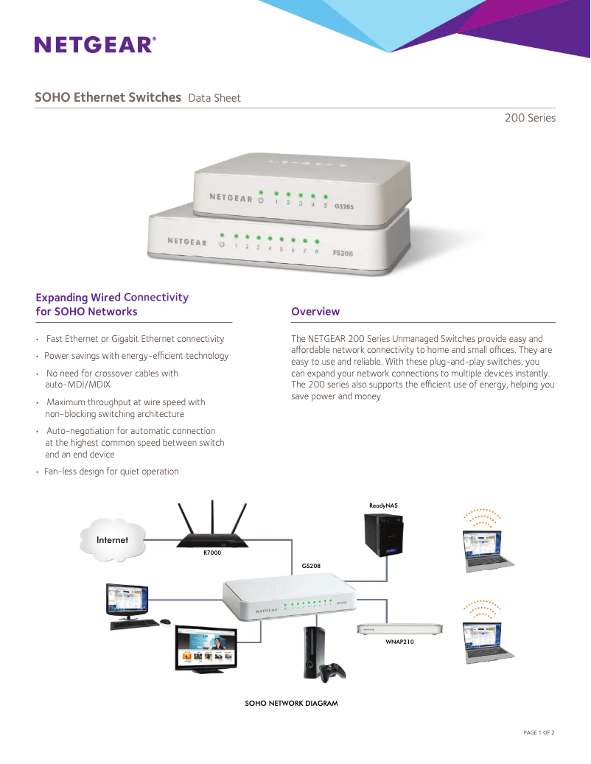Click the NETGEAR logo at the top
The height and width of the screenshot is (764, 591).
pyautogui.click(x=95, y=45)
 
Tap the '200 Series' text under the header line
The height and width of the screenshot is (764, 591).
pyautogui.click(x=530, y=118)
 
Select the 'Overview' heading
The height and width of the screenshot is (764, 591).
pyautogui.click(x=315, y=312)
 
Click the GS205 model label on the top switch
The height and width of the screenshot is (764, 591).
pyautogui.click(x=344, y=207)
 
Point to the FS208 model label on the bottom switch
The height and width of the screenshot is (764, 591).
pyautogui.click(x=343, y=253)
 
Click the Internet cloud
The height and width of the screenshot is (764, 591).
pyautogui.click(x=112, y=540)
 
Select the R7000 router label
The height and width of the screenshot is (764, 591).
pyautogui.click(x=212, y=552)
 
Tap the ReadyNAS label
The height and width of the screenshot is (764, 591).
pyautogui.click(x=383, y=505)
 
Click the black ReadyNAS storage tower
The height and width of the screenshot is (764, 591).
pyautogui.click(x=384, y=534)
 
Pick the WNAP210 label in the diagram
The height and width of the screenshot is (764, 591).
pyautogui.click(x=400, y=642)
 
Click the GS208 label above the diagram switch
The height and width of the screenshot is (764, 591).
pyautogui.click(x=311, y=566)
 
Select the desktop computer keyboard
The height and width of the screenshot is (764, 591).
pyautogui.click(x=135, y=623)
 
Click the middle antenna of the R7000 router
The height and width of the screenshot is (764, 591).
pyautogui.click(x=212, y=519)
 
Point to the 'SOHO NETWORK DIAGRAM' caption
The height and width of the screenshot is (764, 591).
pyautogui.click(x=291, y=704)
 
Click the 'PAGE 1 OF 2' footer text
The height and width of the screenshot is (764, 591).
pyautogui.click(x=538, y=732)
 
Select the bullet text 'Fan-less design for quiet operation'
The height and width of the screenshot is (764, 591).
pyautogui.click(x=111, y=472)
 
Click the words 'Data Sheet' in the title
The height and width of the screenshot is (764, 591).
pyautogui.click(x=214, y=98)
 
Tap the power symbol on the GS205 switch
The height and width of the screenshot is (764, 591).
pyautogui.click(x=260, y=200)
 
